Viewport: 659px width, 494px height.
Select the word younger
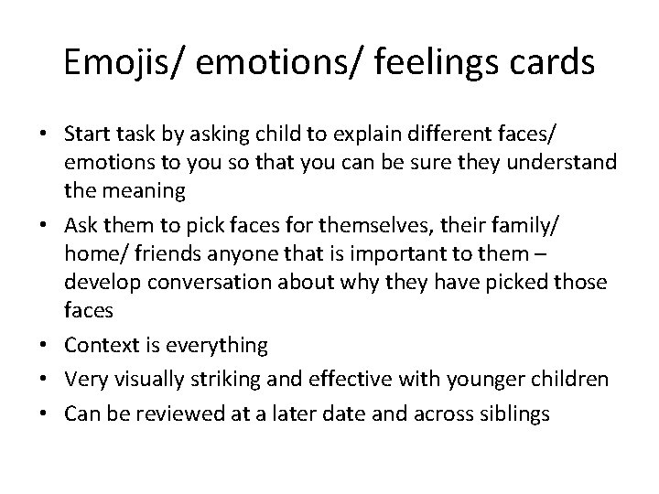[477, 380]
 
